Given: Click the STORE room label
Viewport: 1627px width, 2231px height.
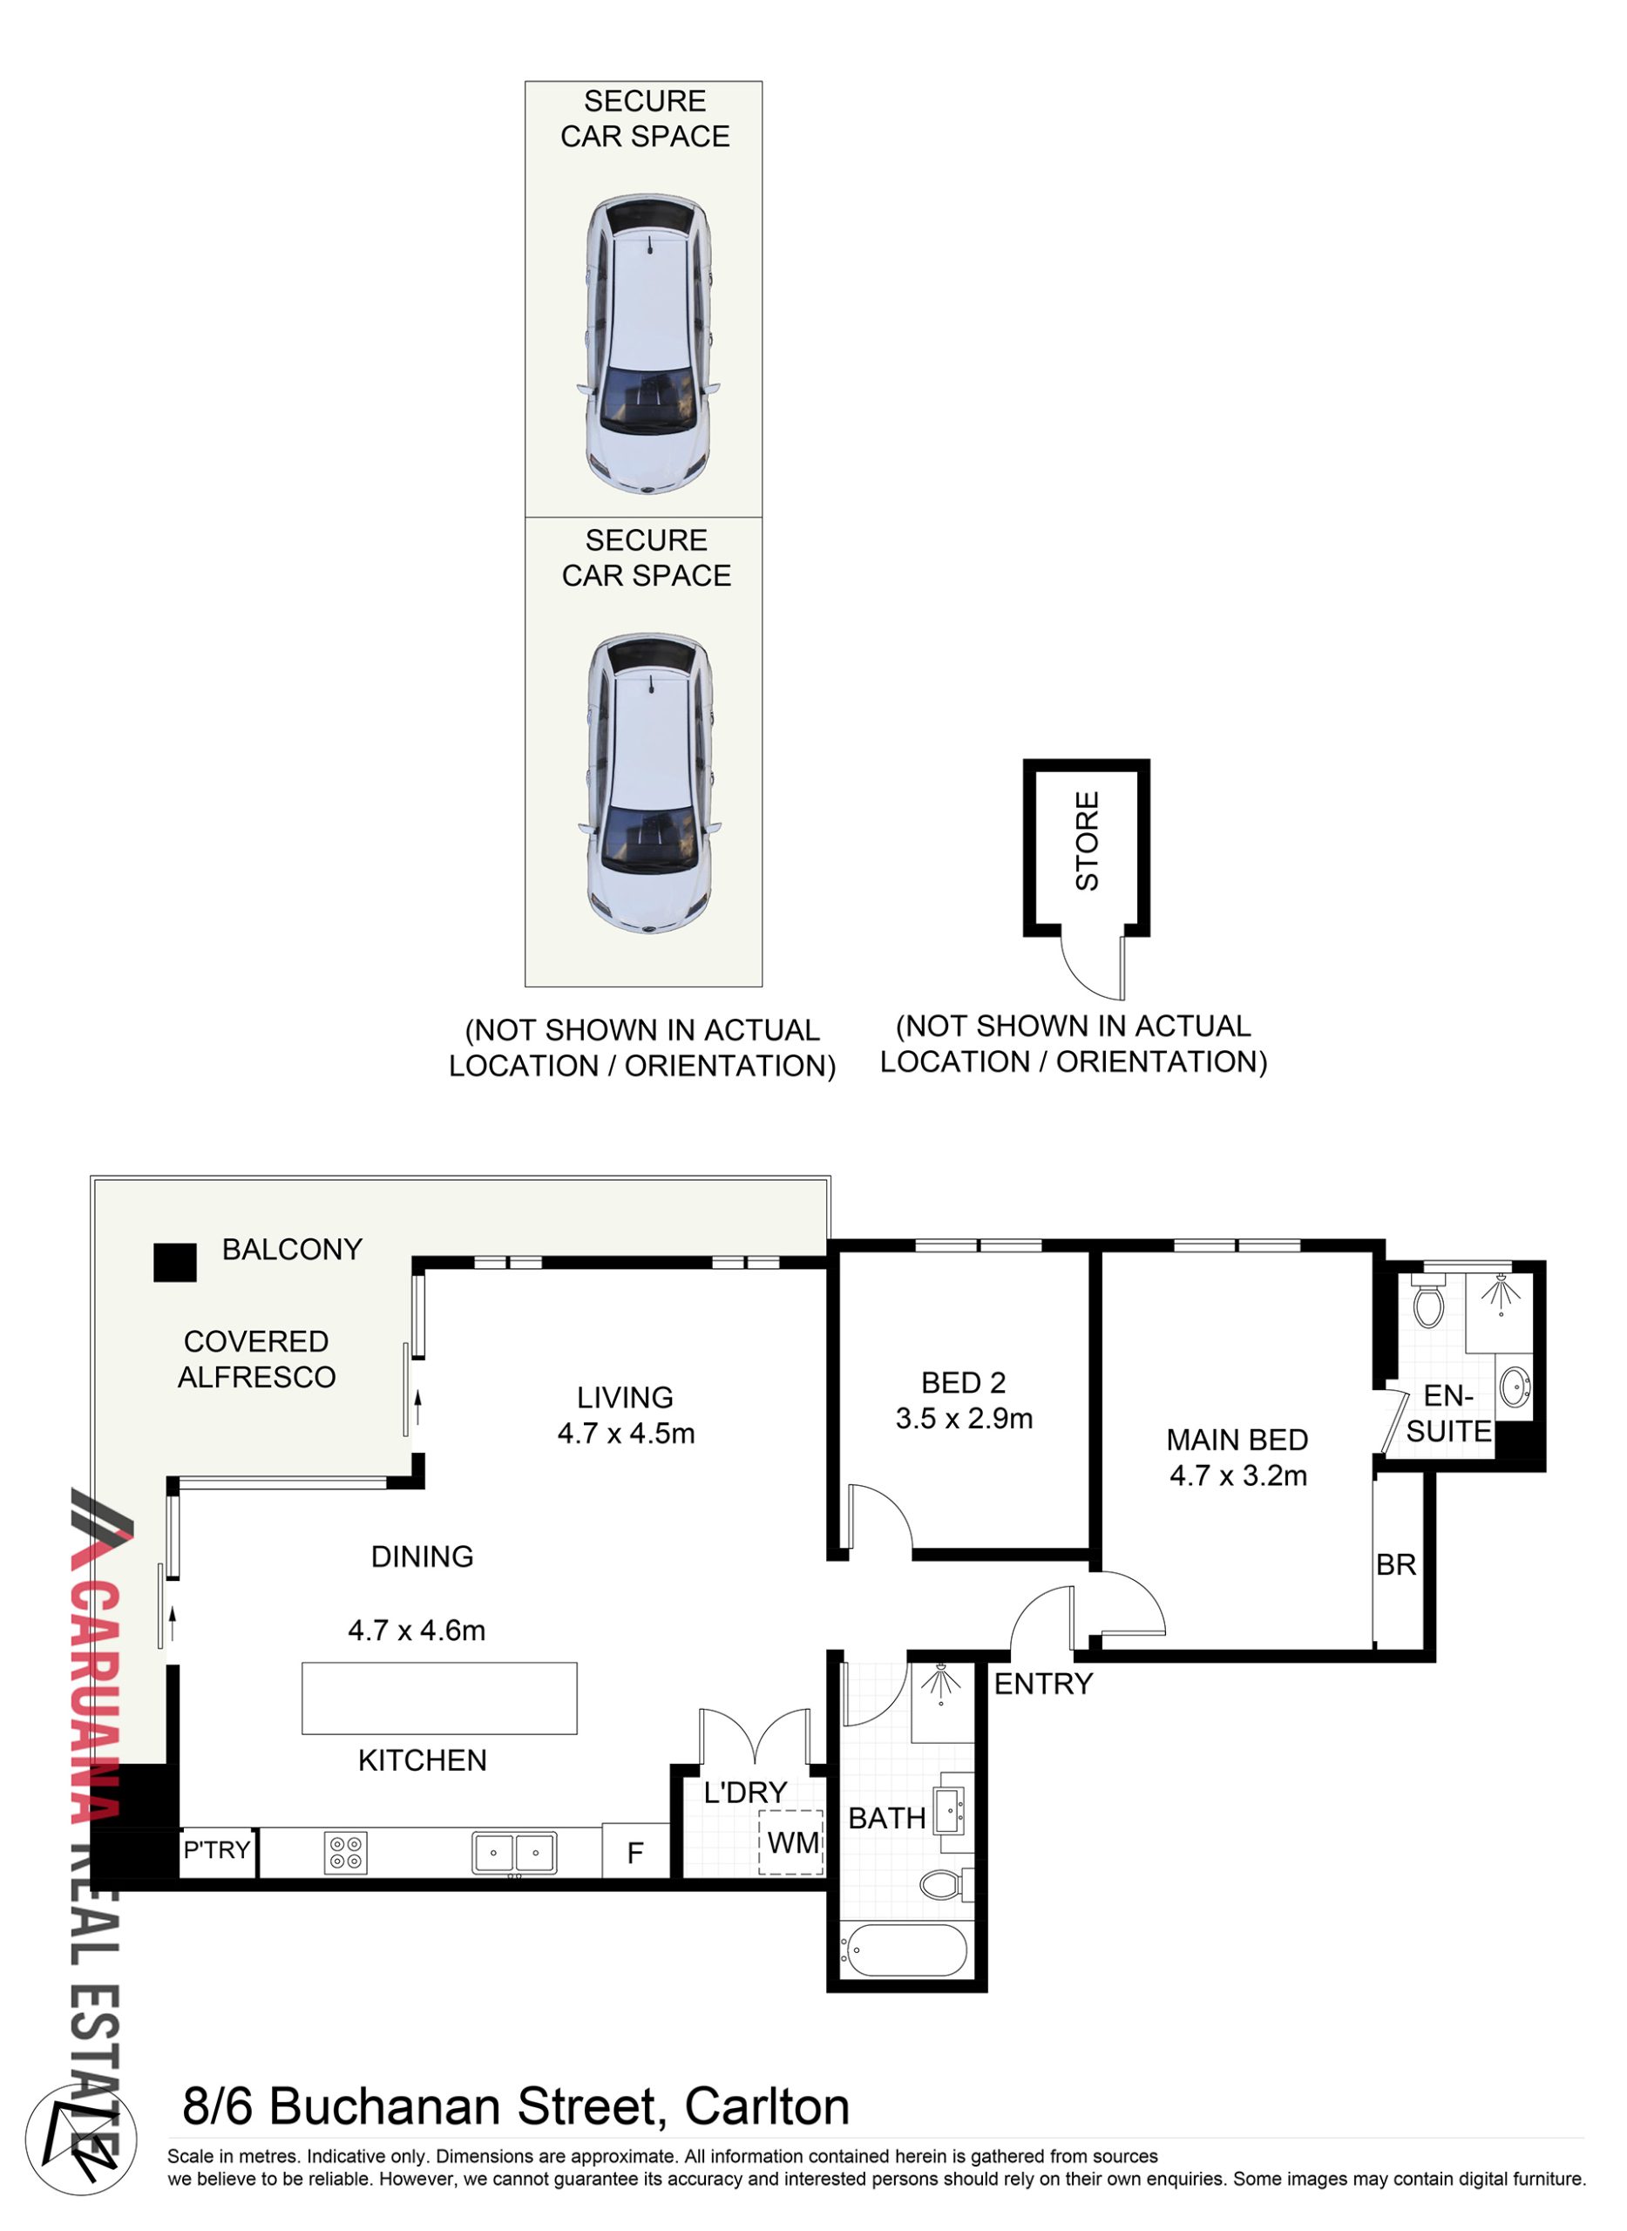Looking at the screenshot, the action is (1088, 841).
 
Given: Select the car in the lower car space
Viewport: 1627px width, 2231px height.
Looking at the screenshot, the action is (649, 784).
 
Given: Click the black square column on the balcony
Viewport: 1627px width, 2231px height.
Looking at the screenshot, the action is (175, 1262).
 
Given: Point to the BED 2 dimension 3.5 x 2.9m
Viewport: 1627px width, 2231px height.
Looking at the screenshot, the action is (964, 1419).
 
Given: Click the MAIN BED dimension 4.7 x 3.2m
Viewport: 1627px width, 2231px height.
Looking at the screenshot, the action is (1238, 1475).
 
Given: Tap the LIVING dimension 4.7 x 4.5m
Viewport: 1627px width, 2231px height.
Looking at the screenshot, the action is (627, 1434).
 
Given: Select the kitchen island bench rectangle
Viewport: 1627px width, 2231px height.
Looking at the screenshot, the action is (439, 1699).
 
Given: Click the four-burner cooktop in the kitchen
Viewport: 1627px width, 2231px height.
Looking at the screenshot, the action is (346, 1853).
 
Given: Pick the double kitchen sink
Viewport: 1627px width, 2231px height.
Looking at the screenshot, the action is (514, 1853).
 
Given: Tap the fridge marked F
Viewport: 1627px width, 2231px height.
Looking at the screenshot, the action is (635, 1853).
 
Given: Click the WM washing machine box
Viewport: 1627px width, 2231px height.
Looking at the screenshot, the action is (791, 1841).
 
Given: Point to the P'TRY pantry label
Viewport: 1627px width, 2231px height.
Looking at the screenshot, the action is (218, 1850).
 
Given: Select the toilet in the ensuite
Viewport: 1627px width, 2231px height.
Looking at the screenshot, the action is (1428, 1300).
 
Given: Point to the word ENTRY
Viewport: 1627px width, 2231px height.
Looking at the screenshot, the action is (1043, 1684).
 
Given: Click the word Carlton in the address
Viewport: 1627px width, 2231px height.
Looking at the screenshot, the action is (767, 2108).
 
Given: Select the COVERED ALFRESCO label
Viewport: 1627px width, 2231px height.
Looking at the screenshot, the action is (256, 1360).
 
